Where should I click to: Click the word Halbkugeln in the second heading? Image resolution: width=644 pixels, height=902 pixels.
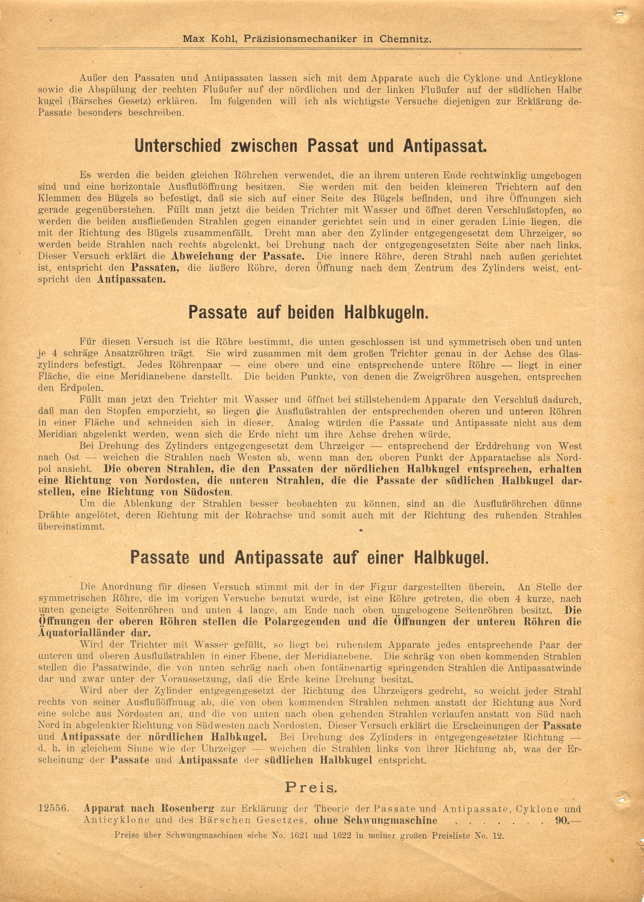point(386,312)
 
